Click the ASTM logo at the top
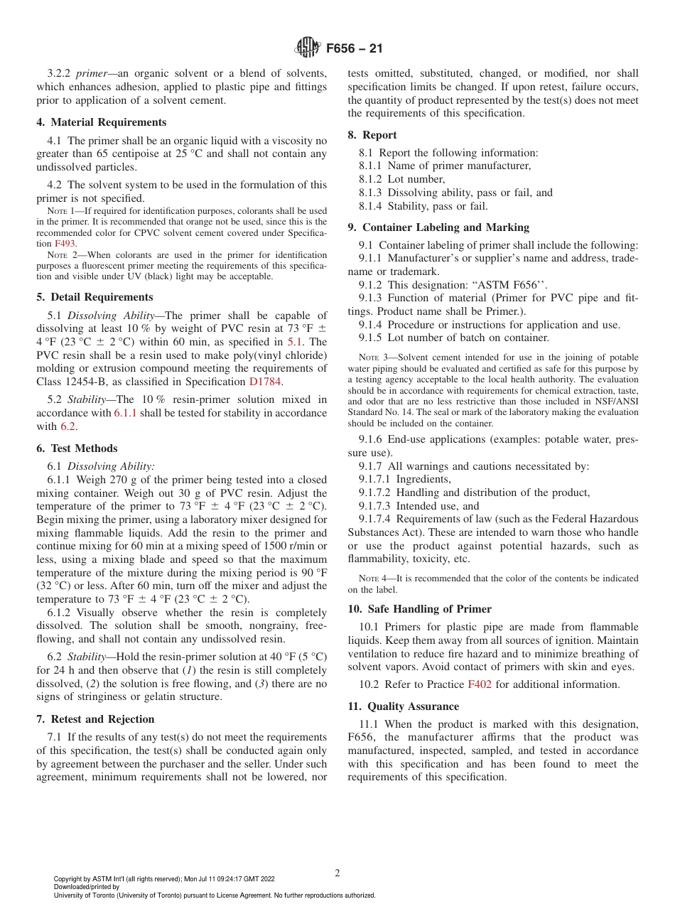tap(308, 48)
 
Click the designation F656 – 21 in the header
tap(354, 49)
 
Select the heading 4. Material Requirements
tap(101, 122)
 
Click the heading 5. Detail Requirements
tap(94, 297)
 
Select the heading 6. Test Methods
tap(77, 448)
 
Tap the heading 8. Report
tap(372, 135)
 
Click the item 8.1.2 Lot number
tap(402, 179)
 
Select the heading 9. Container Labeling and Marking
tap(438, 227)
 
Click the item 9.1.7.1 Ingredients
tap(404, 480)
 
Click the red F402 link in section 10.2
tap(479, 684)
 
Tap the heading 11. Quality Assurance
tap(403, 706)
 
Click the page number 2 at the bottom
tap(337, 873)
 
